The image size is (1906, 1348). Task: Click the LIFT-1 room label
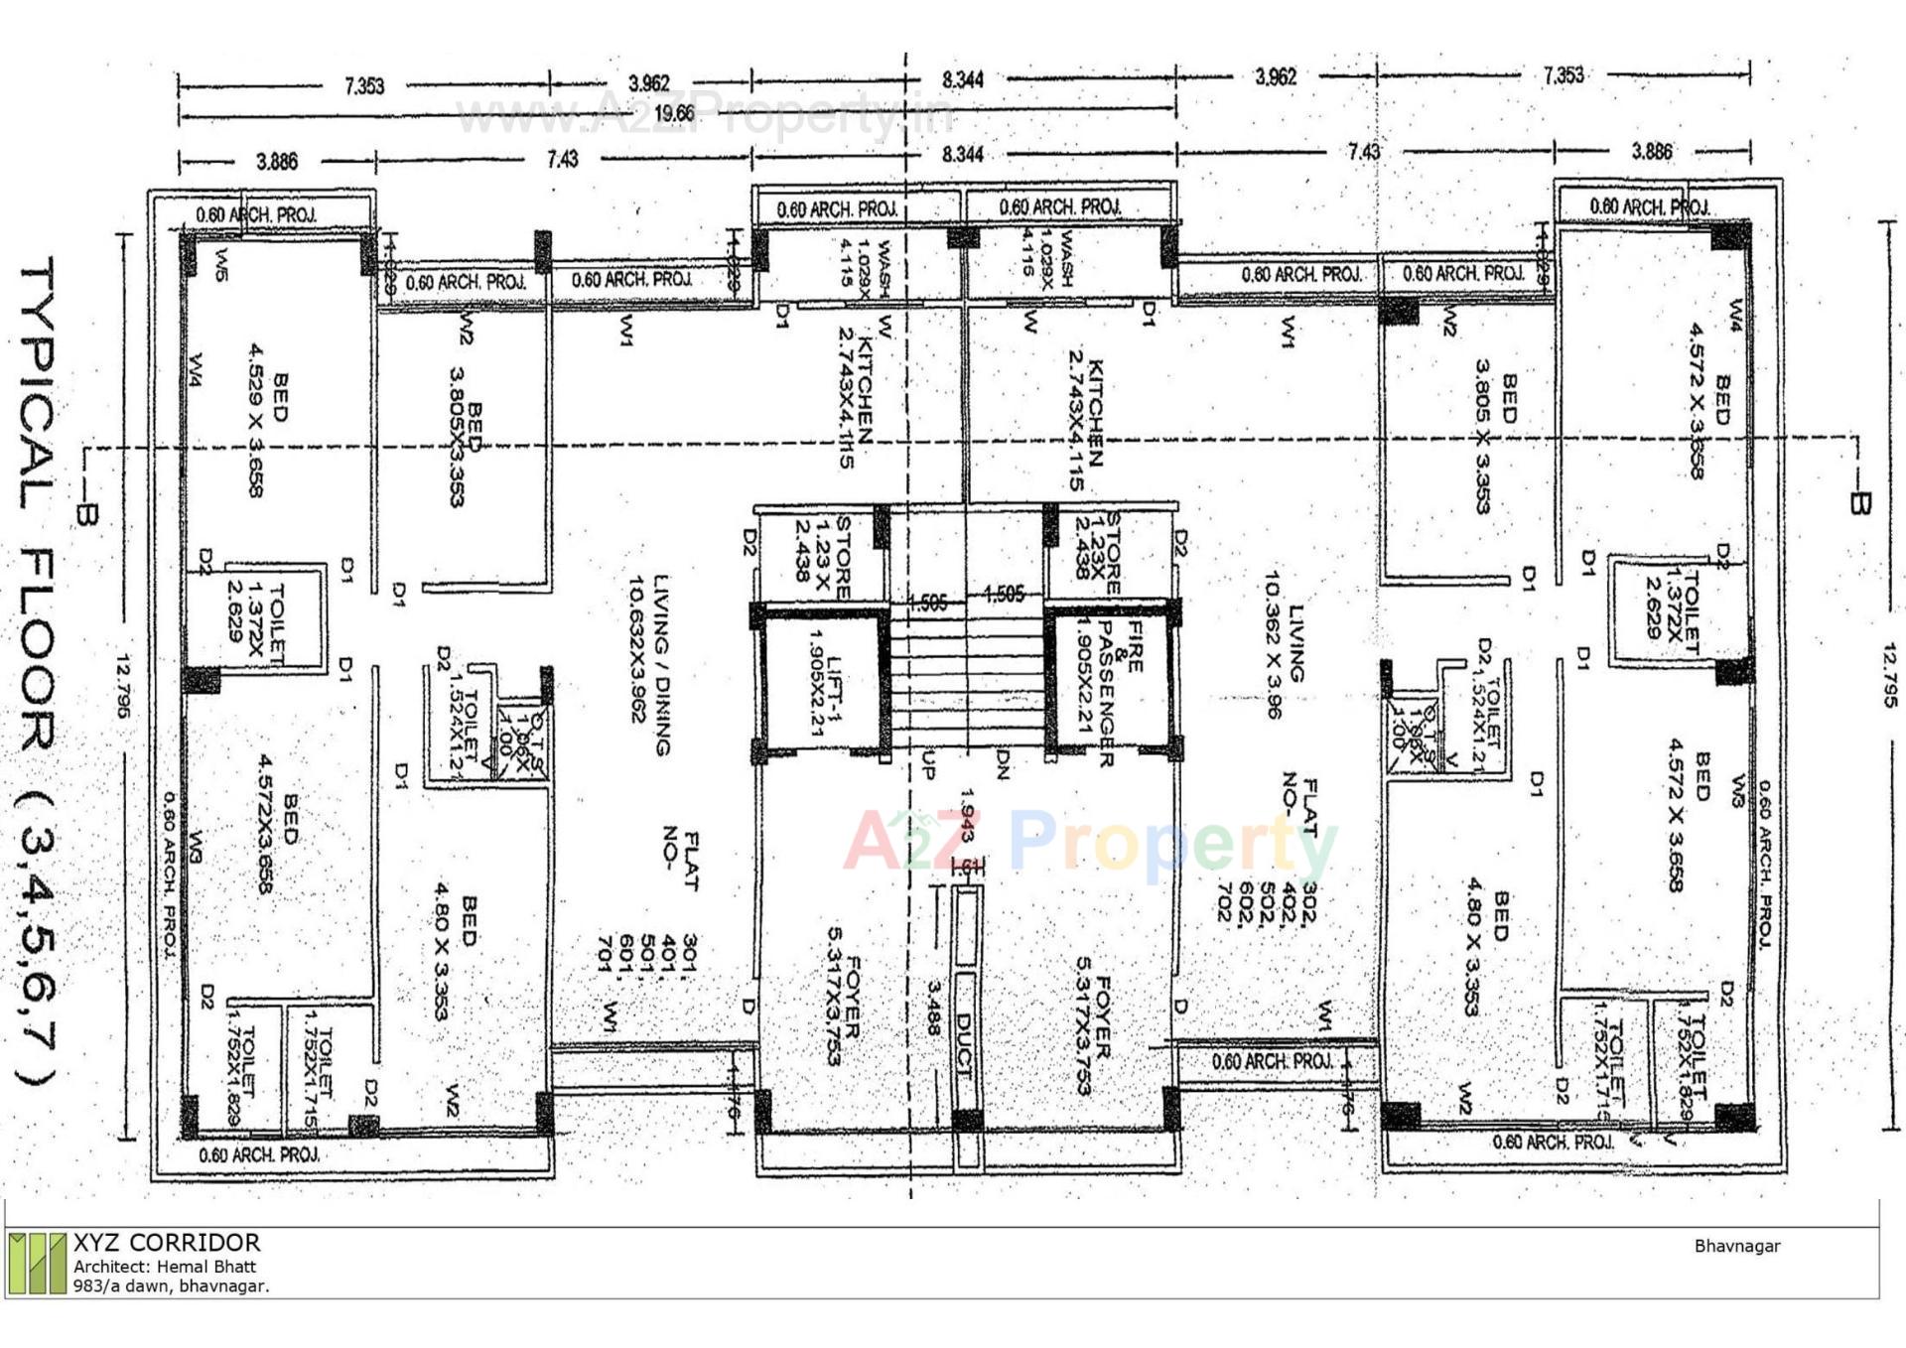(x=825, y=681)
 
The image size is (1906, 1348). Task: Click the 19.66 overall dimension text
(x=674, y=113)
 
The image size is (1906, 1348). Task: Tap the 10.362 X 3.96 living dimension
(x=1275, y=645)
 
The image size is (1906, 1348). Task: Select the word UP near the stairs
(x=928, y=764)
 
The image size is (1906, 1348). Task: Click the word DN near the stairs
(x=1003, y=764)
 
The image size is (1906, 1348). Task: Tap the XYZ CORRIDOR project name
(x=167, y=1243)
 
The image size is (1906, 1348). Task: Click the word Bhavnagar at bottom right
(x=1737, y=1246)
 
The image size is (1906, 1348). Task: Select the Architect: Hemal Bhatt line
(x=165, y=1267)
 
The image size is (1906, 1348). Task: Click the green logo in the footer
(x=37, y=1263)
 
